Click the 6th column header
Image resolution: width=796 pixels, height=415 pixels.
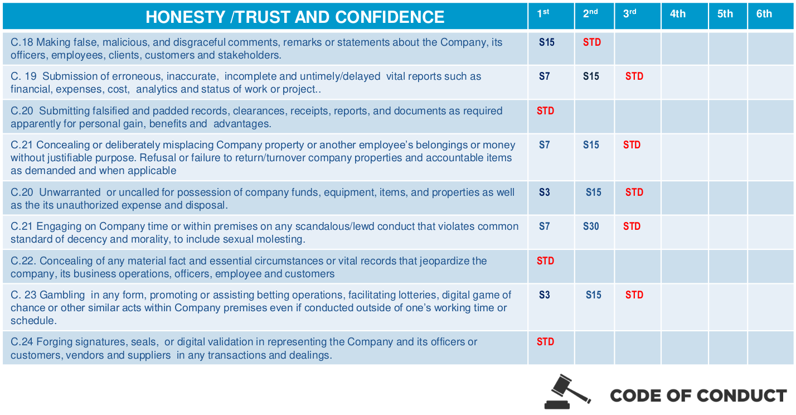click(764, 14)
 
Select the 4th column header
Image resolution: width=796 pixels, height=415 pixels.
click(678, 14)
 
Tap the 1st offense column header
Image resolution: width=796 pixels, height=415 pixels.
click(543, 14)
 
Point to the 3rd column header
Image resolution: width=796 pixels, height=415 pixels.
click(630, 14)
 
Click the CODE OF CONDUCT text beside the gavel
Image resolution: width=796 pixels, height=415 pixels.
click(698, 395)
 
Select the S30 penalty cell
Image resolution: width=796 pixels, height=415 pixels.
click(591, 226)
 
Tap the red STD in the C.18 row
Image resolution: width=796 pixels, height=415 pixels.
click(592, 42)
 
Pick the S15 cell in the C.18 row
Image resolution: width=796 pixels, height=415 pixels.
click(547, 42)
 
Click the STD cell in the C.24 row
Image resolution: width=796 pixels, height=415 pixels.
click(545, 342)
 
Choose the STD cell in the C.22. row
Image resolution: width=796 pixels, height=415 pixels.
click(545, 260)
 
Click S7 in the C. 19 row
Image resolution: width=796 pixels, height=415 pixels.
click(544, 76)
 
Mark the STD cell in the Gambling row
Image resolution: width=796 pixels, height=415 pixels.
click(634, 295)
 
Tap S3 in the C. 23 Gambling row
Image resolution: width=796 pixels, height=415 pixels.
click(544, 295)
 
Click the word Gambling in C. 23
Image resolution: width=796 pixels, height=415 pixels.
click(62, 295)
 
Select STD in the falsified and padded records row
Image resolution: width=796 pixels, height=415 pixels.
click(545, 111)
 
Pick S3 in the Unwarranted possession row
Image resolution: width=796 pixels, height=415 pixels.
click(544, 192)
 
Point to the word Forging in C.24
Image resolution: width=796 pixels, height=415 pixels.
click(55, 342)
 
